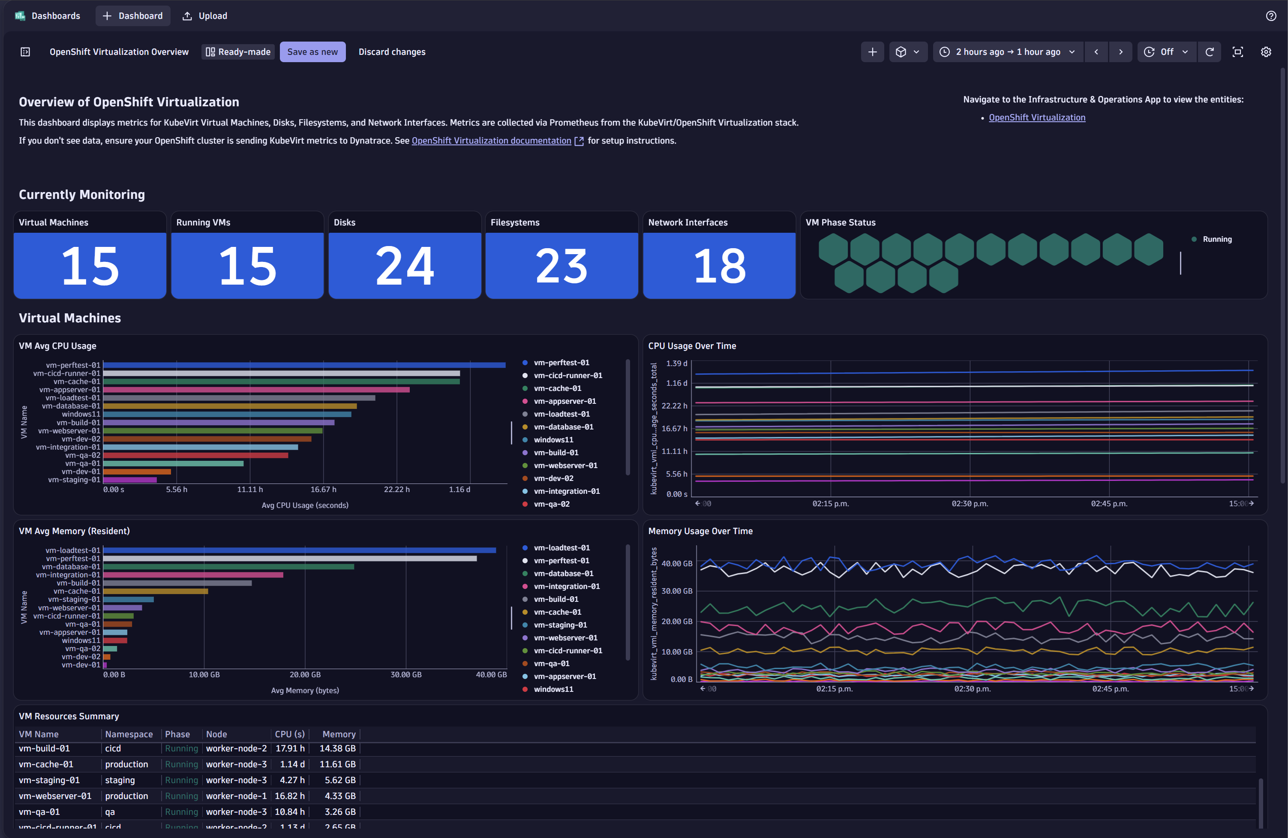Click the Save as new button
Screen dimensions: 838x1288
tap(312, 52)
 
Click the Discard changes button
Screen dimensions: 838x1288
tap(392, 52)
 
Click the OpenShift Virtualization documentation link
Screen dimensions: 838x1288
tap(491, 141)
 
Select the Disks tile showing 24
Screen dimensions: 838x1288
tap(404, 265)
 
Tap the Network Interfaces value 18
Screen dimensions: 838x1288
tap(719, 265)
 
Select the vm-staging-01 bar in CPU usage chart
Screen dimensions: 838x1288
tap(130, 480)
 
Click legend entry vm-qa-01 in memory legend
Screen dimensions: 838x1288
tap(552, 664)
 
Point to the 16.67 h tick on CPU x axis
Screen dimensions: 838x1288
tap(323, 490)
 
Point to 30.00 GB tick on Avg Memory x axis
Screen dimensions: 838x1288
tap(406, 675)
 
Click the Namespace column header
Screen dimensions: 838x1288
tap(129, 735)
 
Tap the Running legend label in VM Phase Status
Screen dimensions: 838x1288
tap(1216, 239)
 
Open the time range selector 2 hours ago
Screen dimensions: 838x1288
tap(1008, 52)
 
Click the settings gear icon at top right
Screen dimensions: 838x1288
tap(1265, 52)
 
